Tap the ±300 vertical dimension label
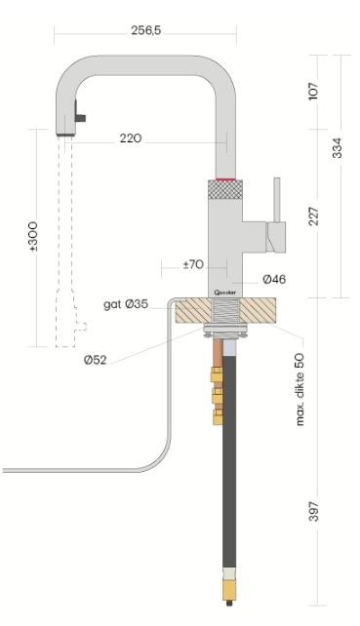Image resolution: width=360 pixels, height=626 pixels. [x=34, y=237]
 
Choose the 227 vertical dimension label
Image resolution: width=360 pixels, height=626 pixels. [x=314, y=215]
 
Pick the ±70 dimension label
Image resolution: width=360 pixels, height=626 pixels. [x=192, y=263]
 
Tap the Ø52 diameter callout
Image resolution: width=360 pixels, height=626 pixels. [x=95, y=360]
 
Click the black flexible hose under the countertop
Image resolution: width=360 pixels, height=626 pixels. [x=230, y=458]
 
